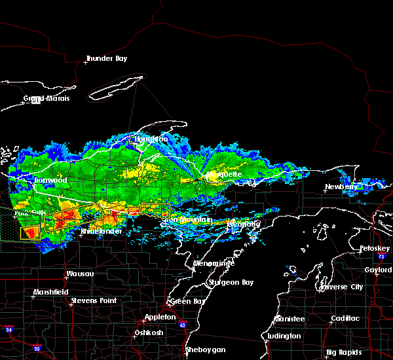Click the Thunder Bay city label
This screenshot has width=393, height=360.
pyautogui.click(x=106, y=58)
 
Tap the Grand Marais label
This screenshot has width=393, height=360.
pyautogui.click(x=47, y=99)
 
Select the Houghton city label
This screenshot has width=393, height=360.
pyautogui.click(x=151, y=139)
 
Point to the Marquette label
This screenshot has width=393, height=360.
pyautogui.click(x=225, y=175)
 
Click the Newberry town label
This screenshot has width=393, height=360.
pyautogui.click(x=343, y=187)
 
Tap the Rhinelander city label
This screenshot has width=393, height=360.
pyautogui.click(x=102, y=232)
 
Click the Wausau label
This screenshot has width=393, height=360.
pyautogui.click(x=80, y=274)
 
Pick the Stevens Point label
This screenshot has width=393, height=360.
pyautogui.click(x=94, y=300)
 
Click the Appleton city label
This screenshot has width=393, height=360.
pyautogui.click(x=160, y=316)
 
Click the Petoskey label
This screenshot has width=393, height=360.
pyautogui.click(x=375, y=249)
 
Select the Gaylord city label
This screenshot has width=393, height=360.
pyautogui.click(x=377, y=270)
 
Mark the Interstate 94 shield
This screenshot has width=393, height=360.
pyautogui.click(x=8, y=328)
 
